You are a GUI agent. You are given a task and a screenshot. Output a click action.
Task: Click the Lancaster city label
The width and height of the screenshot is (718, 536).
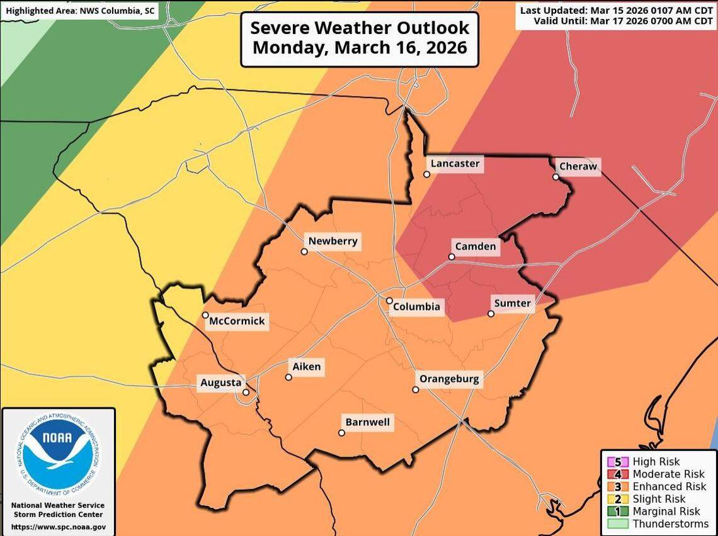tap(455, 164)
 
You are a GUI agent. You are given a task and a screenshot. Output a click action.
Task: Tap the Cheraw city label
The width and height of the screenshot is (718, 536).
tap(578, 167)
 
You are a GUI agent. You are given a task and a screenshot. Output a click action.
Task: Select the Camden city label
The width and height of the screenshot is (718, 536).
tap(476, 247)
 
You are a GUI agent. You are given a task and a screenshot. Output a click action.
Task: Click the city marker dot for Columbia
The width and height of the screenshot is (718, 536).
tap(389, 301)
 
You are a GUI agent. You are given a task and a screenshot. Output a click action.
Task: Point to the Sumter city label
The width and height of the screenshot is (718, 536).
tap(512, 303)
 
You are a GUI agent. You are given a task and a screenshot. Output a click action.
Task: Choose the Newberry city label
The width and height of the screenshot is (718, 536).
tap(333, 241)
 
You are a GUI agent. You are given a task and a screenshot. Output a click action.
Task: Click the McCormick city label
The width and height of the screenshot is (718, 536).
tap(237, 321)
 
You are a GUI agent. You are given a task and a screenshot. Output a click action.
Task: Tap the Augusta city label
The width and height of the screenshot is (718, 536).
tap(220, 382)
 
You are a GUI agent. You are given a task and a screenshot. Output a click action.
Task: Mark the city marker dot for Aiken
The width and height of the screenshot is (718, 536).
tap(288, 377)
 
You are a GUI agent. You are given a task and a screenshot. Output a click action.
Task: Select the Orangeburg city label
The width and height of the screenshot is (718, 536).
tap(449, 379)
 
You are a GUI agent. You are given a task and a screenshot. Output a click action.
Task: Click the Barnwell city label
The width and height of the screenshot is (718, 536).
tap(368, 422)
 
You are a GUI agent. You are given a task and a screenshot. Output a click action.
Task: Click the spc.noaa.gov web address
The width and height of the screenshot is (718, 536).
tap(58, 527)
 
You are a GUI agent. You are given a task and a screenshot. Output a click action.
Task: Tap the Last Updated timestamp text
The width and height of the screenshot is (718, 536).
tap(616, 11)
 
